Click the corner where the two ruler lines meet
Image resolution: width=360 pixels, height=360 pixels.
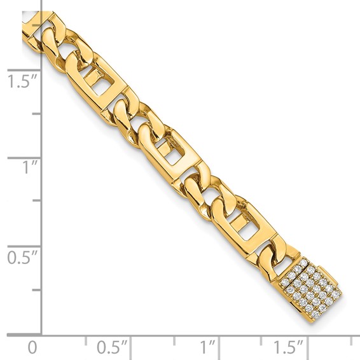[x=42, y=333]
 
